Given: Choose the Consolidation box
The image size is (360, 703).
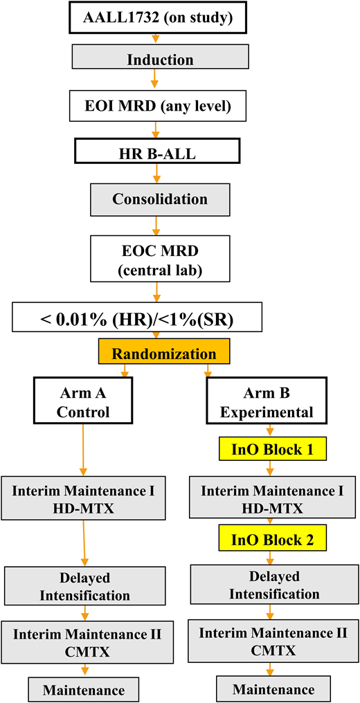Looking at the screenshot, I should pyautogui.click(x=160, y=199).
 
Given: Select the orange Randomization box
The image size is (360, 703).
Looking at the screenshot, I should pyautogui.click(x=163, y=354).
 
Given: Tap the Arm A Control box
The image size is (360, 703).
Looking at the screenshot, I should pyautogui.click(x=83, y=401).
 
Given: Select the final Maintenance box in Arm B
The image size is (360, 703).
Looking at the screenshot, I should pyautogui.click(x=273, y=689).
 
